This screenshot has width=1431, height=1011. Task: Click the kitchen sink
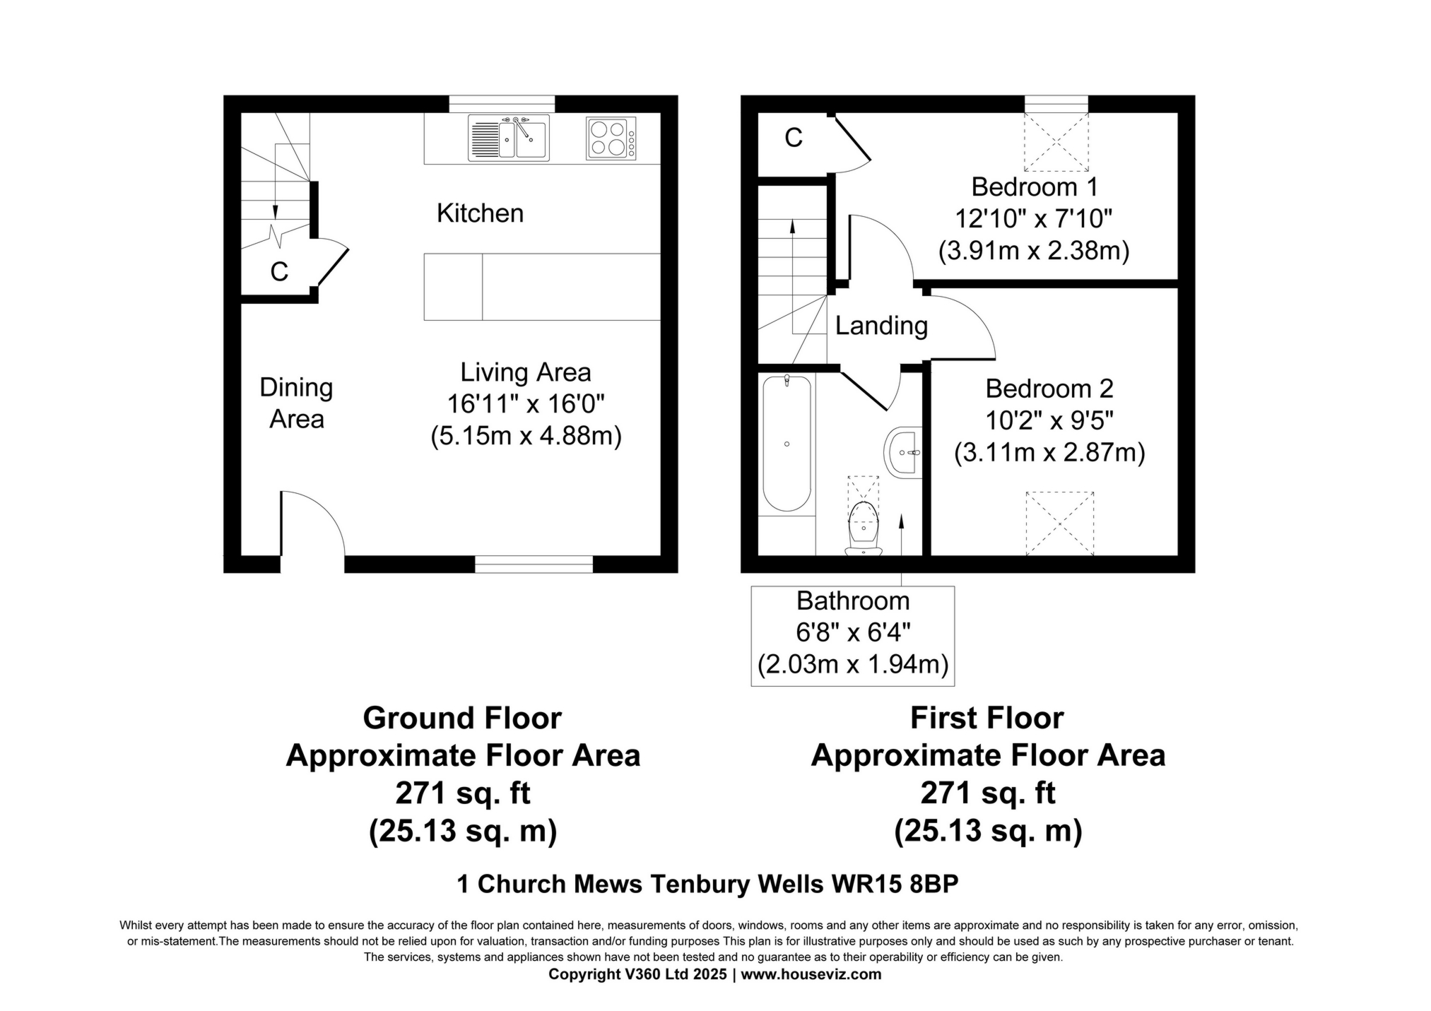pos(508,138)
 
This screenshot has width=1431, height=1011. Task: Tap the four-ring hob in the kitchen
pos(611,138)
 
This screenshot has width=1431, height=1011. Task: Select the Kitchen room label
pos(480,213)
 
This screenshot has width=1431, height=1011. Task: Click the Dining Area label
pos(296,403)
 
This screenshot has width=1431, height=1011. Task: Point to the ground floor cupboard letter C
pos(279,272)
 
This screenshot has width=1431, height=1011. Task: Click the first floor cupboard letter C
pos(794,138)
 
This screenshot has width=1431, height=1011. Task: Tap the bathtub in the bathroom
pos(787,443)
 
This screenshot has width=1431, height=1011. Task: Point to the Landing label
pos(881,326)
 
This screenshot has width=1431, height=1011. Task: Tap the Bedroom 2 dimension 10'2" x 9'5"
pos(1049,421)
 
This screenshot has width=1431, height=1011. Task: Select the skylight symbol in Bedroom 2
pos(1059,524)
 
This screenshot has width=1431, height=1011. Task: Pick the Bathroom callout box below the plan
pos(852,636)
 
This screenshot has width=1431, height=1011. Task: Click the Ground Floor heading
pos(462,719)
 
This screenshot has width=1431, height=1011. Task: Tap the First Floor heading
pos(987,719)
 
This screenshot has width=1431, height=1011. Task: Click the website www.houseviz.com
pos(811,975)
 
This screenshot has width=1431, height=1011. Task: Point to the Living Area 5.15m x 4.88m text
pos(526,437)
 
